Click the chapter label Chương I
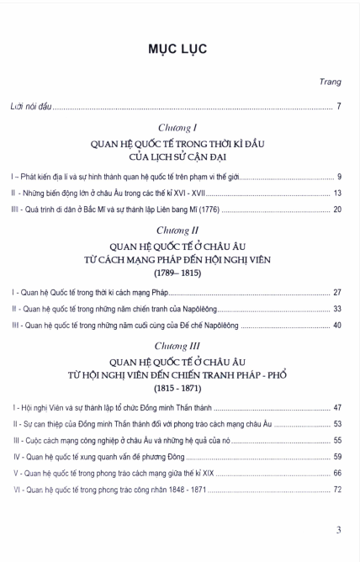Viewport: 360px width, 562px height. coord(180,129)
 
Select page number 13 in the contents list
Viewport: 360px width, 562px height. coord(336,193)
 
